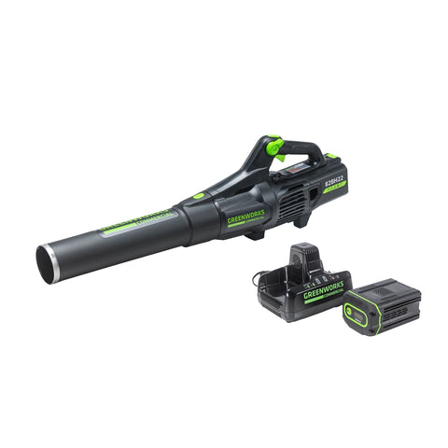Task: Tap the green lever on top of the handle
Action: (x=274, y=147)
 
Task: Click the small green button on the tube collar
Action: (x=199, y=196)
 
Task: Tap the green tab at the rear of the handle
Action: (x=331, y=156)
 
